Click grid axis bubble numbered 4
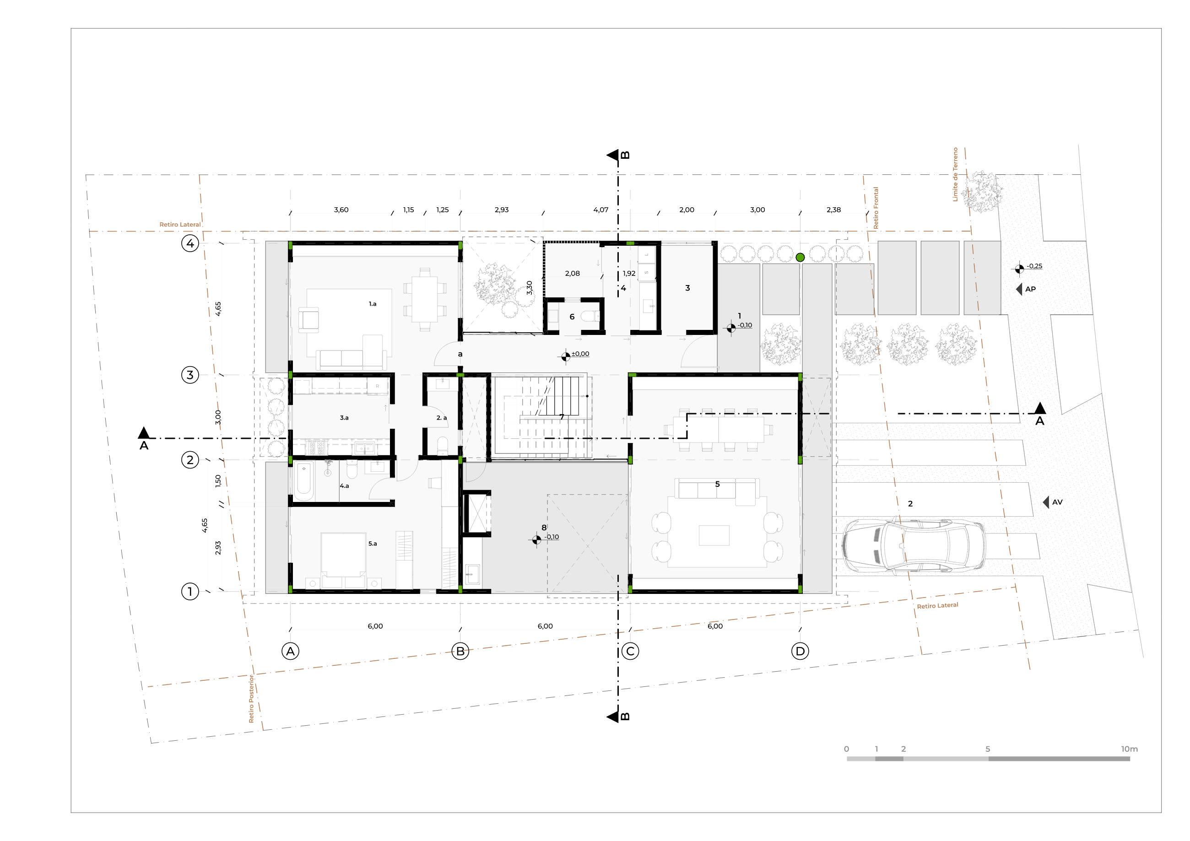tap(190, 243)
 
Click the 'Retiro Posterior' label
tap(251, 699)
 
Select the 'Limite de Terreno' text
tap(955, 174)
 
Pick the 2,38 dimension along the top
tap(833, 210)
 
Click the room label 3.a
tap(344, 418)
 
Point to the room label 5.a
tap(373, 544)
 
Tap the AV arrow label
tap(1053, 502)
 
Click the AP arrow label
tap(1026, 289)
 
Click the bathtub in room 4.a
tap(304, 481)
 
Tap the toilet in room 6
tap(590, 316)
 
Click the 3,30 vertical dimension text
tap(529, 288)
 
